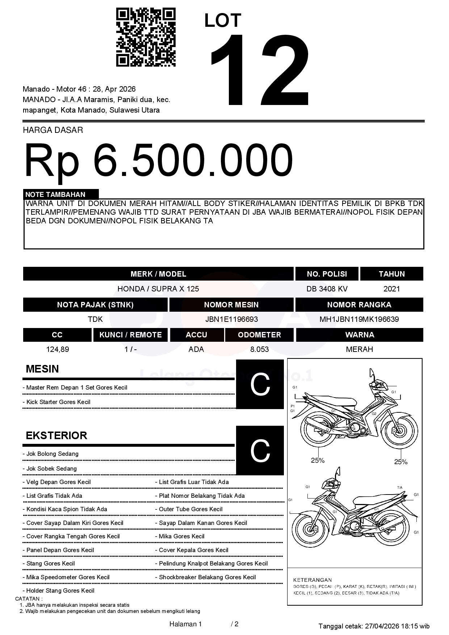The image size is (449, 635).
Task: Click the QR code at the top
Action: [146, 37]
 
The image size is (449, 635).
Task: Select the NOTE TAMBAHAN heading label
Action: [55, 194]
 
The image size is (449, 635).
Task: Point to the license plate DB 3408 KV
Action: [327, 289]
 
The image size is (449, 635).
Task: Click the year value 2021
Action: [391, 289]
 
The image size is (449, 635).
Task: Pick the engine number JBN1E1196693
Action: [231, 319]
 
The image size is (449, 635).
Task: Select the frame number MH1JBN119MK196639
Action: [359, 319]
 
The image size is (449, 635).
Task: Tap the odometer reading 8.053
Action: [259, 349]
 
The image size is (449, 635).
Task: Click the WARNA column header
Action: [359, 335]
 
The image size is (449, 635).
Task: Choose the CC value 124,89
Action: [58, 349]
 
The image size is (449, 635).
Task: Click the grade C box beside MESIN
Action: [260, 384]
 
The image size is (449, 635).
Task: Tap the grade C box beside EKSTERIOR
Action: [260, 450]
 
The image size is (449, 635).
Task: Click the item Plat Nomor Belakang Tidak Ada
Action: [202, 496]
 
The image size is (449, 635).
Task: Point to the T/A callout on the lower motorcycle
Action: [400, 488]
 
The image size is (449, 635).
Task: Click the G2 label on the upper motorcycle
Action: [374, 414]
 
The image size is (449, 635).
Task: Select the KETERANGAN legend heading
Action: [312, 580]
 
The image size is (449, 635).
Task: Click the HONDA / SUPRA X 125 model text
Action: [158, 289]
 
